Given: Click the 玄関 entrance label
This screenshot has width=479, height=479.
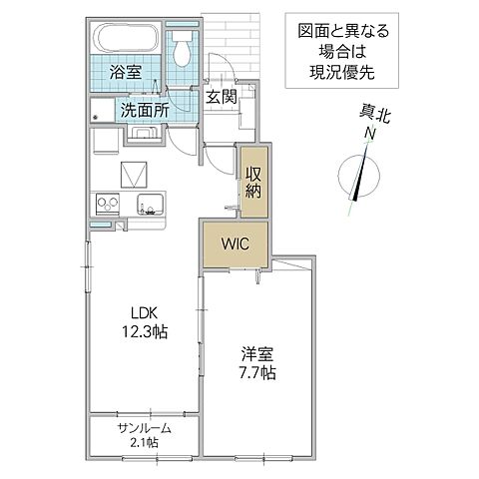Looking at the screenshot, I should click(221, 97).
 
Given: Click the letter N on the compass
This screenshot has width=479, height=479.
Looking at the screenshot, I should click(369, 134).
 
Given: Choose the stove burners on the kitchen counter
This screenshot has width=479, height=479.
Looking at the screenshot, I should click(106, 206).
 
